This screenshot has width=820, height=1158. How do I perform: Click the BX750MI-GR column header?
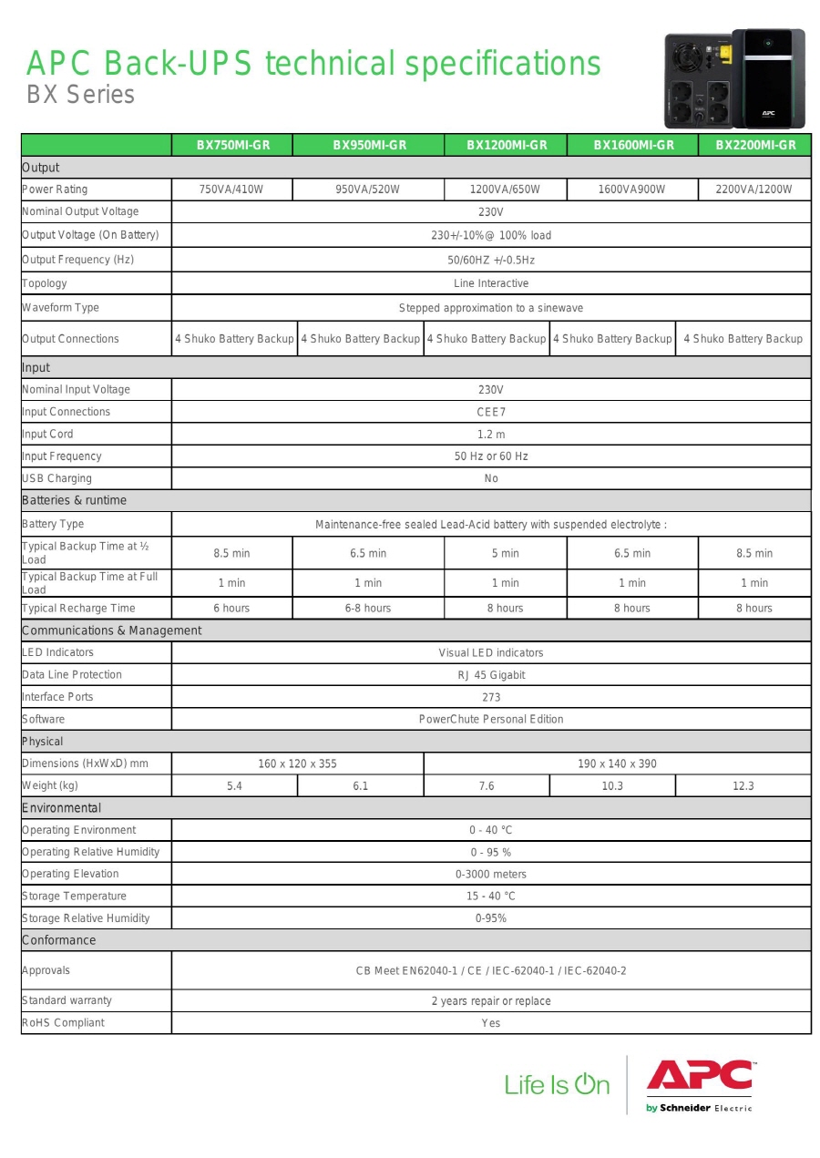click(232, 145)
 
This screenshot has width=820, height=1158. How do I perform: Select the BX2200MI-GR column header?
click(754, 145)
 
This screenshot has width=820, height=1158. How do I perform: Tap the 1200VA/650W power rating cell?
click(505, 190)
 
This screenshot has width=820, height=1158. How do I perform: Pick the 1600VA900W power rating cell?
click(631, 190)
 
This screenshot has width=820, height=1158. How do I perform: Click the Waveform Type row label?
click(60, 308)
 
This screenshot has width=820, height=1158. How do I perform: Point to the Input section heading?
click(36, 367)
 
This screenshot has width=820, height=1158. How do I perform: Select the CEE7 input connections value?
click(490, 412)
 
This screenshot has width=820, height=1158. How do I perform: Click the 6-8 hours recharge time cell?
click(368, 609)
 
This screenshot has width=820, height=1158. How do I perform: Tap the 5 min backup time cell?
click(505, 553)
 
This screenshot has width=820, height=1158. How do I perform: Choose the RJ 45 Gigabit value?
click(490, 675)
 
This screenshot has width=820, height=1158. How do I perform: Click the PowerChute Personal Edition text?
click(490, 719)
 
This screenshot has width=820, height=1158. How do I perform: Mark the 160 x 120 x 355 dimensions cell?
click(297, 763)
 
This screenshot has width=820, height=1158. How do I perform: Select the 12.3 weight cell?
click(743, 786)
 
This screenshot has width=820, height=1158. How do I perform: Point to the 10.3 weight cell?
click(612, 786)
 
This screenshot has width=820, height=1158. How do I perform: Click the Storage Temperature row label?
click(74, 897)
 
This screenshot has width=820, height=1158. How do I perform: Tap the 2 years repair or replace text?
click(490, 1001)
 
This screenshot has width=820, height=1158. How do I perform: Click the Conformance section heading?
click(58, 940)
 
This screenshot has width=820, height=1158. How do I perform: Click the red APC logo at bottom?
click(700, 1077)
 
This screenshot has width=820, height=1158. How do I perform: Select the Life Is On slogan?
click(557, 1084)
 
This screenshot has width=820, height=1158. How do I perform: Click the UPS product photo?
click(734, 78)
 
